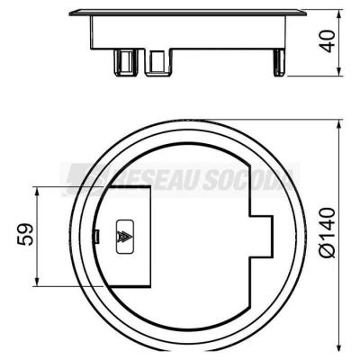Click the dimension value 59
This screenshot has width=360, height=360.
pyautogui.click(x=25, y=234)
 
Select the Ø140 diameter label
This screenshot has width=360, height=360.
pyautogui.click(x=328, y=232)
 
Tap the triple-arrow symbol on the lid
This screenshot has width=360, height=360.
pyautogui.click(x=124, y=237)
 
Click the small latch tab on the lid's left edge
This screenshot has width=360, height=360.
pyautogui.click(x=97, y=236)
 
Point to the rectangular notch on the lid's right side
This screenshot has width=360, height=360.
pyautogui.click(x=261, y=235)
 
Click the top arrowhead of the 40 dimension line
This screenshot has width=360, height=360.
pyautogui.click(x=339, y=14)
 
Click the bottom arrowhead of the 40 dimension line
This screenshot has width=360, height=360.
pyautogui.click(x=339, y=71)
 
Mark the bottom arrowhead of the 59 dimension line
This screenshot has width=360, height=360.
pyautogui.click(x=37, y=282)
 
